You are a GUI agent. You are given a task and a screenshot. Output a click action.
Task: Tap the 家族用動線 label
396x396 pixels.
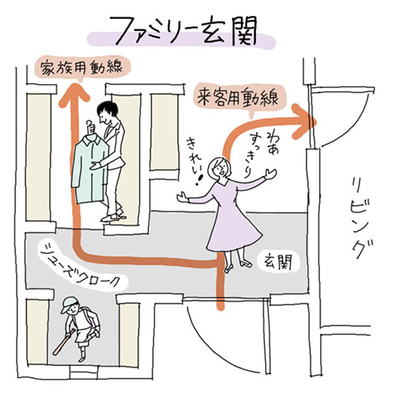pos(82,67)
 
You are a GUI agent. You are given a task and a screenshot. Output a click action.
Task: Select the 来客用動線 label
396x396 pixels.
pos(239,98)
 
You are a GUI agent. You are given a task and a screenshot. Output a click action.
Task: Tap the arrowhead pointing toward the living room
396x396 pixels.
pos(303,121)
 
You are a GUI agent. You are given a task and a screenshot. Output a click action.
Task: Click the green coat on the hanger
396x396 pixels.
pos(89,169)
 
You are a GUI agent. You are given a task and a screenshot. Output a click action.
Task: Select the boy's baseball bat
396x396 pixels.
pos(64,342)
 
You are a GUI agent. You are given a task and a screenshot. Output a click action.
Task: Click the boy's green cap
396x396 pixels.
pos(69,303)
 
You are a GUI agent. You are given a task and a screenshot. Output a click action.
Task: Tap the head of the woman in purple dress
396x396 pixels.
pos(219,169)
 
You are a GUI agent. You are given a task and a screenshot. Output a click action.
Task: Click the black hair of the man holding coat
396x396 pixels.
pos(108,109)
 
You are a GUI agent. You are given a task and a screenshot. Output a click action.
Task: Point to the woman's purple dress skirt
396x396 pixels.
pos(234,231)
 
